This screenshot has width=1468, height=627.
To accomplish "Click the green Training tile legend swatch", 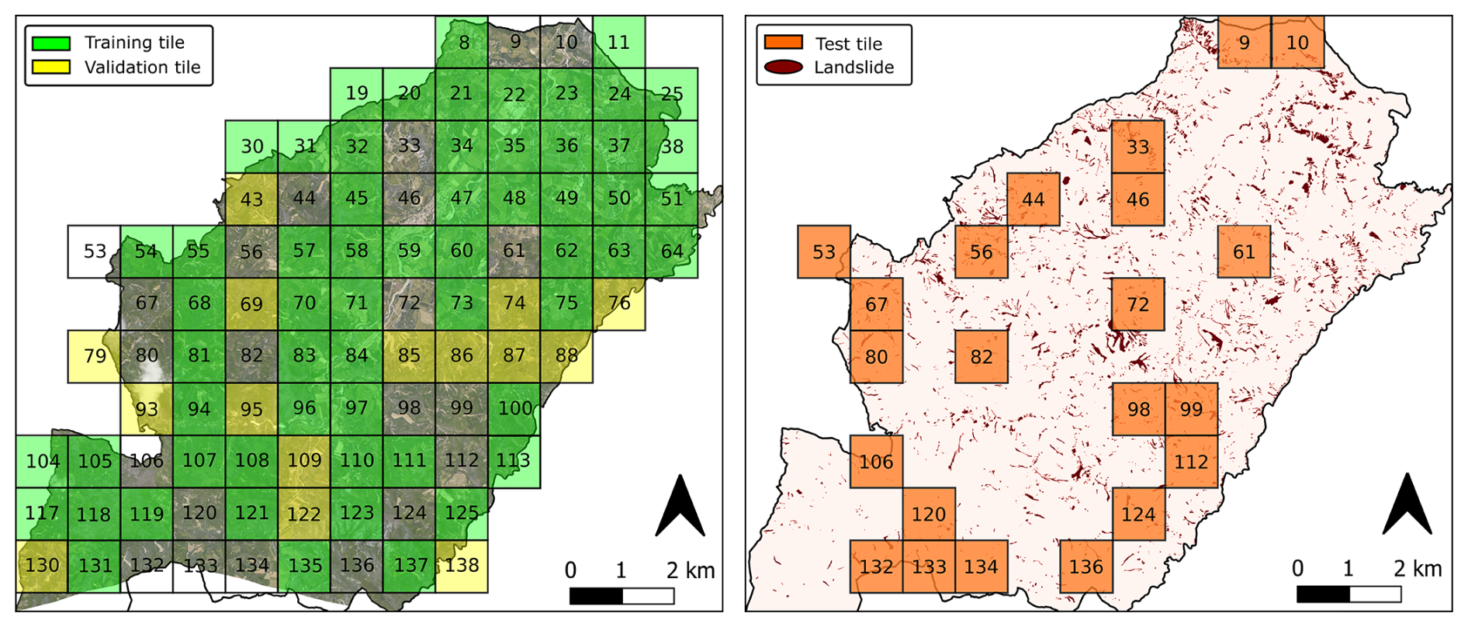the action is tap(51, 43).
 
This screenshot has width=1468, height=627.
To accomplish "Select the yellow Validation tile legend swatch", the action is tap(51, 67).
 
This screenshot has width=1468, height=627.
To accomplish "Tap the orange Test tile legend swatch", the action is tap(783, 42).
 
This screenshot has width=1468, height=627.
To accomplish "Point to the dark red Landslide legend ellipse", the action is tap(783, 67).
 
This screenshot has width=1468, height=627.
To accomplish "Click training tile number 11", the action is tap(618, 42).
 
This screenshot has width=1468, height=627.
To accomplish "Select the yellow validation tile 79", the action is tap(94, 356).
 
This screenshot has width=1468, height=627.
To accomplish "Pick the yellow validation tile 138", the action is tap(462, 566).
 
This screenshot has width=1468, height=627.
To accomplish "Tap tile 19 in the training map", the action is tap(356, 94).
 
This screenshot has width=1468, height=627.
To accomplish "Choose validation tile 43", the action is tap(251, 199).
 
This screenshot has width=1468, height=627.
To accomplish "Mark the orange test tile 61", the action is tap(1244, 251).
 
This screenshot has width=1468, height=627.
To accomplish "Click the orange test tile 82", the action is tap(982, 356).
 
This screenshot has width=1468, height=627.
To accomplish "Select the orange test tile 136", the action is tap(1086, 566).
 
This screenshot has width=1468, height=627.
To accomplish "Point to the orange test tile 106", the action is tap(877, 462).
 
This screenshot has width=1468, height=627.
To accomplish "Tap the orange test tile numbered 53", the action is tap(824, 251).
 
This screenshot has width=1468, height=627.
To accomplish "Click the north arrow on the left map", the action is tap(680, 506).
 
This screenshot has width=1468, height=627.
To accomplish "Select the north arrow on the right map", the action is tap(1407, 504).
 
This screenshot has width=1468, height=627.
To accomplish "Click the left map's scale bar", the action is tap(621, 596).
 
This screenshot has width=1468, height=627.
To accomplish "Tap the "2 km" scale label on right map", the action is tap(1417, 569).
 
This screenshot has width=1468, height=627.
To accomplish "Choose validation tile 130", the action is tap(42, 566).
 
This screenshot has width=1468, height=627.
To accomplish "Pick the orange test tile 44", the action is tap(1033, 199).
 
